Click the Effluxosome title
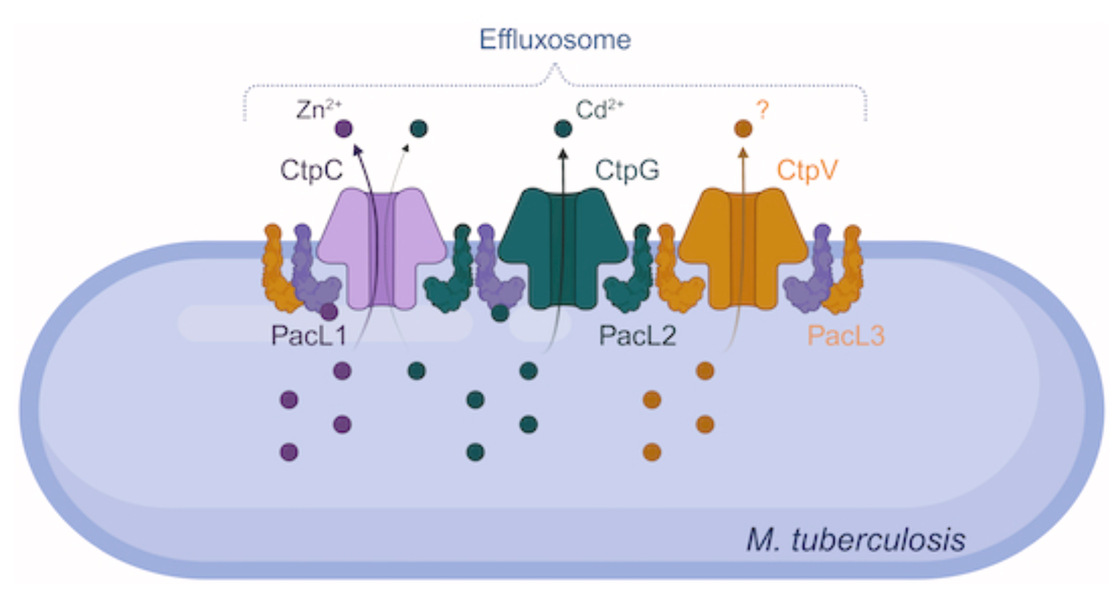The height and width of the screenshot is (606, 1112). coord(555,40)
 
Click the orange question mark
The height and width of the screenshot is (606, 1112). coord(762,110)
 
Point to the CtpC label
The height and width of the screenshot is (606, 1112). coord(311,170)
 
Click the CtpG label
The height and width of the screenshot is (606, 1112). coord(627,170)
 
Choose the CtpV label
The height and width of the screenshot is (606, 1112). coord(806,170)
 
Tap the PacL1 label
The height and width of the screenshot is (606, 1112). coord(309,336)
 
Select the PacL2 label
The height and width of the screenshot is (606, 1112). coord(637,336)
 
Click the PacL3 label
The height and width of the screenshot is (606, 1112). coord(845,336)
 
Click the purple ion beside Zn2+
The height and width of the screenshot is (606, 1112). coord(344,129)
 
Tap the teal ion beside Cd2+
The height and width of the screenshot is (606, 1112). coord(563,129)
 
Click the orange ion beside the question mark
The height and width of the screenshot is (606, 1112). coord(743,129)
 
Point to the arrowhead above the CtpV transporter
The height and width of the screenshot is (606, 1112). coord(743,152)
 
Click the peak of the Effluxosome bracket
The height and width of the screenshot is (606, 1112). coord(554,66)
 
